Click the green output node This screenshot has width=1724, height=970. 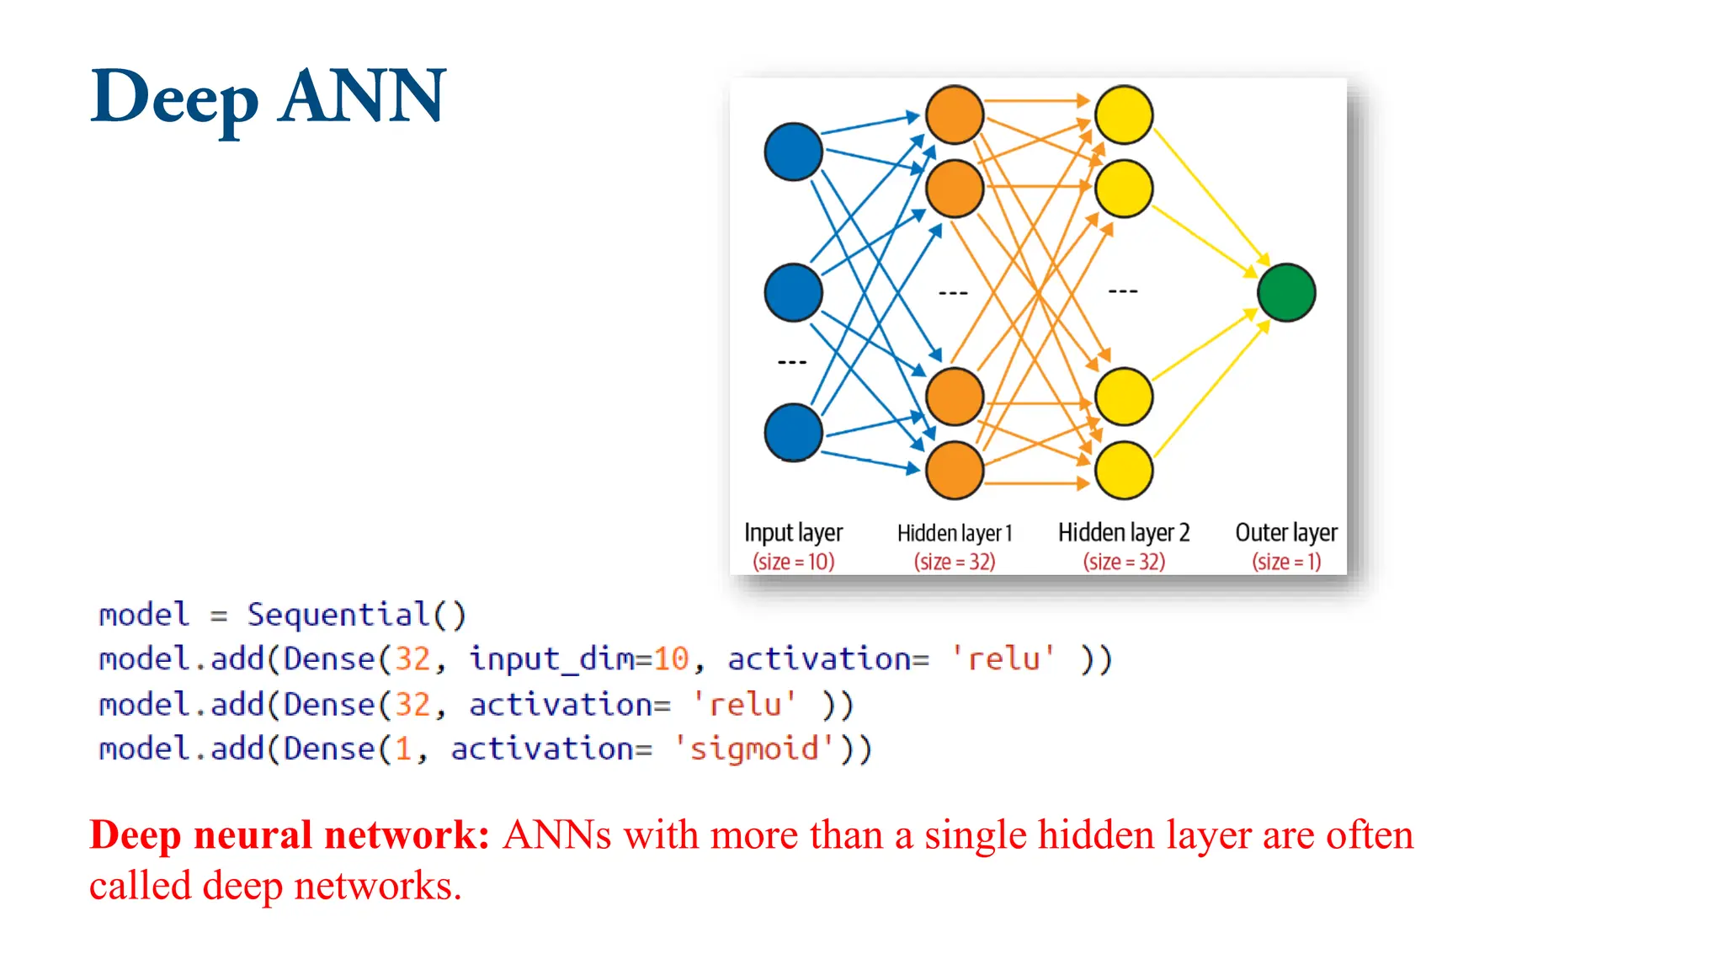[x=1285, y=292]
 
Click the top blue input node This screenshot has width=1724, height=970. [x=793, y=152]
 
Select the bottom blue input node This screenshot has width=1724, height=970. [x=793, y=433]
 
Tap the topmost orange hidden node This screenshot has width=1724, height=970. [x=955, y=115]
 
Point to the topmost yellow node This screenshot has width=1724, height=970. [x=1124, y=115]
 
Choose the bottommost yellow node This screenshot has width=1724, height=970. [x=1124, y=470]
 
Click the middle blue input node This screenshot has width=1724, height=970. [x=793, y=292]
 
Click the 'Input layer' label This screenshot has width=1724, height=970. [x=793, y=532]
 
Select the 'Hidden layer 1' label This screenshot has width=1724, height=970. [x=955, y=533]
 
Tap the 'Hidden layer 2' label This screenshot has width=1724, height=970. [x=1124, y=532]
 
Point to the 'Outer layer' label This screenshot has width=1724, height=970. [x=1285, y=532]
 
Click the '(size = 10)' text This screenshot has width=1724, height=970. [x=793, y=562]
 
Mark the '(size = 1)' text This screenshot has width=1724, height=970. [x=1285, y=562]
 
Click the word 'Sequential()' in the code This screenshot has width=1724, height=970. [x=356, y=615]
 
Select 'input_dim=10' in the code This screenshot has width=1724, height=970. [x=579, y=658]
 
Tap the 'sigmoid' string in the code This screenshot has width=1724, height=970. [x=753, y=749]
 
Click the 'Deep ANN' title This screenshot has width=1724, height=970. [x=268, y=97]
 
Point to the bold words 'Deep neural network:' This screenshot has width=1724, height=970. [x=290, y=834]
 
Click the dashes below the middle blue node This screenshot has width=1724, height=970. [x=791, y=362]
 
